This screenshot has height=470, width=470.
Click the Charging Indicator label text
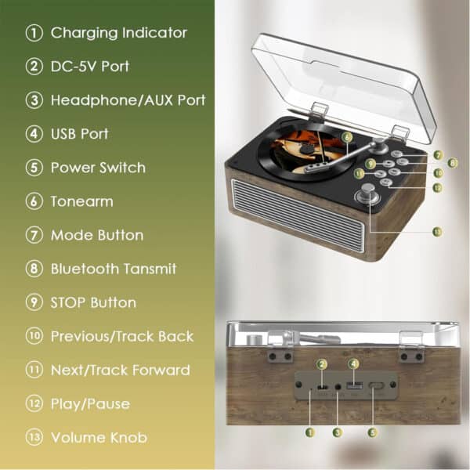(x=119, y=33)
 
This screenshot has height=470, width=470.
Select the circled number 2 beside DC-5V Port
(x=34, y=67)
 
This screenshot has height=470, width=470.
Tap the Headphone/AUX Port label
(x=128, y=100)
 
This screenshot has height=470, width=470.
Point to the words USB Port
(x=79, y=134)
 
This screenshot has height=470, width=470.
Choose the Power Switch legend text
(x=98, y=168)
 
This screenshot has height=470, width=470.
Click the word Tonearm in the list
(x=81, y=201)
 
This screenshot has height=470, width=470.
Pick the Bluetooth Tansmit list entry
(x=114, y=269)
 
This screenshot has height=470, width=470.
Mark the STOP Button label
(x=93, y=302)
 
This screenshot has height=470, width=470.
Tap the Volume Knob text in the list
(x=99, y=438)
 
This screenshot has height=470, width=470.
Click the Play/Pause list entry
(x=91, y=404)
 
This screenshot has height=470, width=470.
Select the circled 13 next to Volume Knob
(x=34, y=437)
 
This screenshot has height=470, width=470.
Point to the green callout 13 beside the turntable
(x=437, y=231)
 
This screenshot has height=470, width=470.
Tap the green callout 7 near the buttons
(x=438, y=155)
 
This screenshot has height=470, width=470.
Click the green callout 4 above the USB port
(x=354, y=364)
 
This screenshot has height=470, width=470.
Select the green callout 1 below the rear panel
(x=309, y=432)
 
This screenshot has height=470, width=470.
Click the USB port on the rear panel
(x=354, y=385)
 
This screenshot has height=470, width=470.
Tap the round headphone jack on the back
(x=338, y=387)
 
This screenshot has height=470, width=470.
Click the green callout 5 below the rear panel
(x=373, y=432)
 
